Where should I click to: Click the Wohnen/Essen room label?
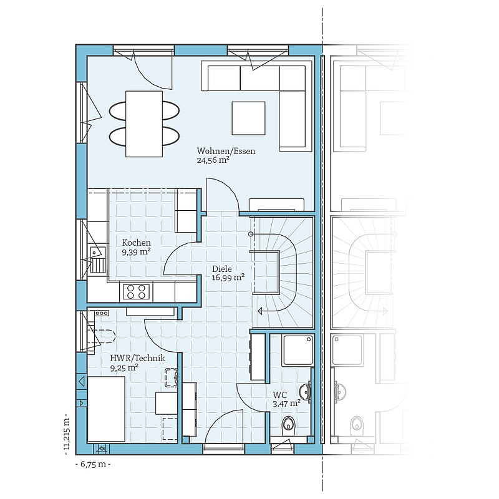[226, 151]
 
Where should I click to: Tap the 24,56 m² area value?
[213, 160]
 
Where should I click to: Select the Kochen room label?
[136, 243]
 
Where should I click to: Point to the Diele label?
[222, 269]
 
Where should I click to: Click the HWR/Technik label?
[137, 358]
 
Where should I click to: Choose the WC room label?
[279, 395]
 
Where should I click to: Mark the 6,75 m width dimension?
[93, 464]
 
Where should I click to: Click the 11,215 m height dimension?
[67, 432]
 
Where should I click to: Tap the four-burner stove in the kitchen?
[136, 291]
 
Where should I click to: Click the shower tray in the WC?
[298, 350]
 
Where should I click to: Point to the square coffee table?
[248, 118]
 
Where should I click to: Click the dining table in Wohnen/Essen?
[144, 124]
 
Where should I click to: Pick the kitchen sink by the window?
[98, 259]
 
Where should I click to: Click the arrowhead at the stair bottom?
[259, 311]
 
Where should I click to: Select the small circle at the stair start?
[251, 235]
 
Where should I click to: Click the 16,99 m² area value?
[228, 278]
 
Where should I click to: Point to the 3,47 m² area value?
[287, 404]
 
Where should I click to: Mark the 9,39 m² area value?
[136, 252]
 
